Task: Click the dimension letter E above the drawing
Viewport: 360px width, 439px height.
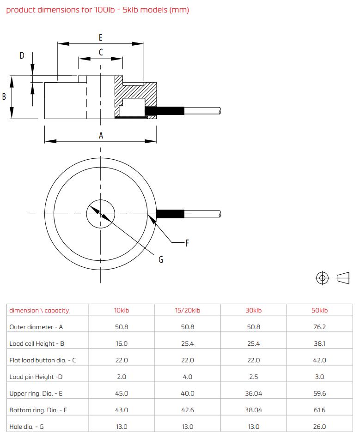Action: [100, 37]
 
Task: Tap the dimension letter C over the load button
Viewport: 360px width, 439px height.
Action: [101, 52]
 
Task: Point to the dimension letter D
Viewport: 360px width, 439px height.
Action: [22, 55]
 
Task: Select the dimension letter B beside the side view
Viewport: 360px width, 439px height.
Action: [4, 96]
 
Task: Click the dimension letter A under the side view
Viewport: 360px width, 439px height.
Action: [101, 136]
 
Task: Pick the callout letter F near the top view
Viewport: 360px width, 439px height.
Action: [187, 243]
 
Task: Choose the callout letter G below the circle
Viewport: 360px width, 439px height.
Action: [161, 259]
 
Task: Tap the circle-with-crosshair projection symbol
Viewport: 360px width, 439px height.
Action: [322, 278]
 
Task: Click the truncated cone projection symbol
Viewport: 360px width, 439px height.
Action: [343, 278]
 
